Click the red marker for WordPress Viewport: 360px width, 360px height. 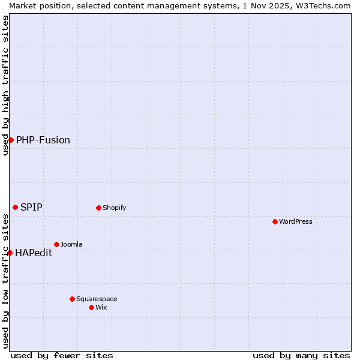pos(275,221)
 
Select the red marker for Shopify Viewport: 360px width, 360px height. pos(98,208)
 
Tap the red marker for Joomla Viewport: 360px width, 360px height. pos(56,244)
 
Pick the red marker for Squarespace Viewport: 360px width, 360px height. pos(72,299)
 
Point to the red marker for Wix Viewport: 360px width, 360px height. pos(91,307)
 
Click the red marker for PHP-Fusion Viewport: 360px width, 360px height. pos(11,140)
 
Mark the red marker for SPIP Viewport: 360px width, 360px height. pos(15,207)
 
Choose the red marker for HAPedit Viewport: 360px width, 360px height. pos(10,253)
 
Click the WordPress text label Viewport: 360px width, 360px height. pos(296,221)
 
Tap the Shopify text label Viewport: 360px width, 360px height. pos(114,208)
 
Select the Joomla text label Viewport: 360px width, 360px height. pos(71,244)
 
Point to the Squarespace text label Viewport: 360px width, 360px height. pos(97,299)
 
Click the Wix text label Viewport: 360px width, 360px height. pos(101,307)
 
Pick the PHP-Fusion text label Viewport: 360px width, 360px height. pos(43,140)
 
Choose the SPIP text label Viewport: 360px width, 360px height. pos(31,207)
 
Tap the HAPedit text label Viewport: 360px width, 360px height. pos(34,253)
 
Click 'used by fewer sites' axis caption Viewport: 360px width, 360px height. pos(62,355)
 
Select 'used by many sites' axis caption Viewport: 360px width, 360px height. pos(301,355)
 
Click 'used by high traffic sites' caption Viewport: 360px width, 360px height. pos(5,85)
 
